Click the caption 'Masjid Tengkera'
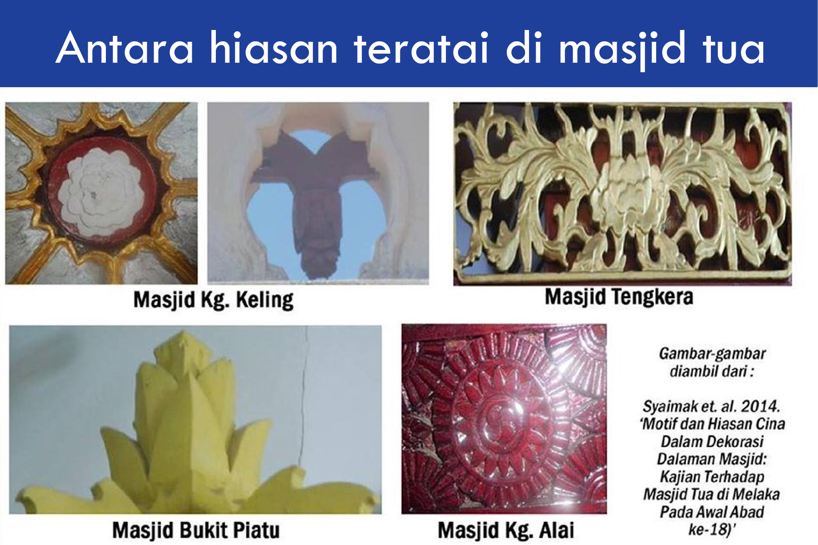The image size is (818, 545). click(619, 297)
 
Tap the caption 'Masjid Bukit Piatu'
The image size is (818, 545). click(196, 530)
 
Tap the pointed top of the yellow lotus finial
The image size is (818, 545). click(184, 335)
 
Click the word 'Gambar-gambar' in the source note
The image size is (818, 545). click(712, 353)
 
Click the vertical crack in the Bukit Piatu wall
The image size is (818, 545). click(303, 400)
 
